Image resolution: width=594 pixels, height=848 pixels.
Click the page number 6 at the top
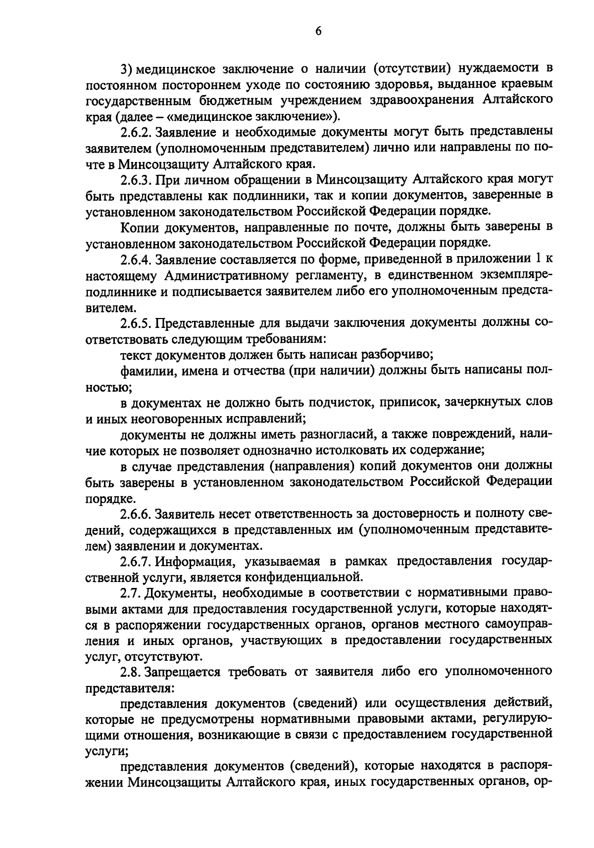(318, 31)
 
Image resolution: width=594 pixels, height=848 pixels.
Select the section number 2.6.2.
(137, 132)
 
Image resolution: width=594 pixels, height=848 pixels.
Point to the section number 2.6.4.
(137, 259)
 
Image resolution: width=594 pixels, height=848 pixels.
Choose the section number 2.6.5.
(137, 323)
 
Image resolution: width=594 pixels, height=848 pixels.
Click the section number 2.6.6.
(137, 514)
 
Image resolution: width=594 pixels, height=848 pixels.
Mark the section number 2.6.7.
(137, 561)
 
